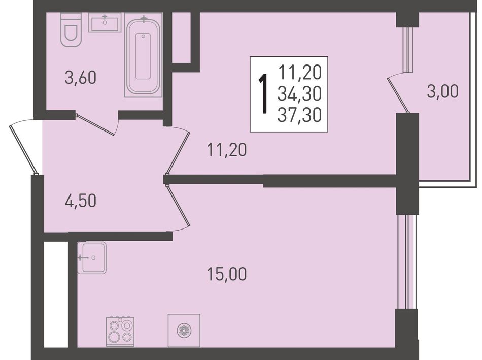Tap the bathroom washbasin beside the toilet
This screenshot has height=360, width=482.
click(105, 23)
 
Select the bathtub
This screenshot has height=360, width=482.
click(143, 55)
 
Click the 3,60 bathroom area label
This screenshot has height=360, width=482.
click(81, 77)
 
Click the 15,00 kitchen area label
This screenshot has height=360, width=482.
click(227, 274)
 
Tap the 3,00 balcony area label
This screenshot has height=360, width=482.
click(442, 91)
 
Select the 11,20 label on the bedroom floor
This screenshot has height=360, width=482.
click(227, 150)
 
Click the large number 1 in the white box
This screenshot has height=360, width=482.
click(263, 94)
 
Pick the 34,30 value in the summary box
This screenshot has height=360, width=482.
click(299, 93)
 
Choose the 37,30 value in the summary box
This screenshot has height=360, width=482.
click(299, 115)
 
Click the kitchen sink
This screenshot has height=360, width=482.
click(92, 257)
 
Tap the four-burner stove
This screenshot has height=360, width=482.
click(120, 330)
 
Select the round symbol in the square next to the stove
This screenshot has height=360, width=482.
click(184, 331)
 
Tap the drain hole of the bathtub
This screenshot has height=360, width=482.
click(143, 37)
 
